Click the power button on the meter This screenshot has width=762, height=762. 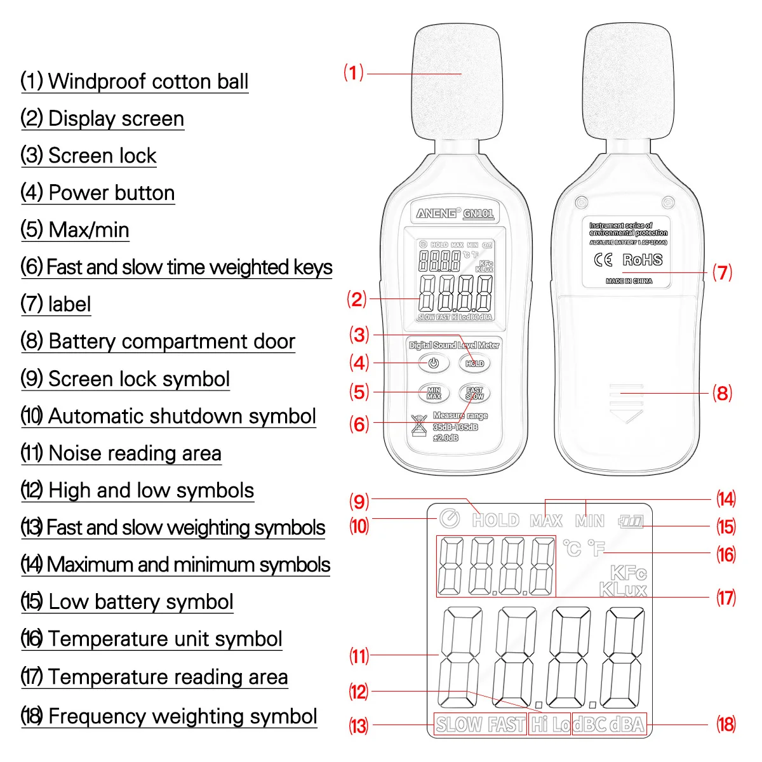coord(434,363)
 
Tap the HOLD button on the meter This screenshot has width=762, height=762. coord(474,363)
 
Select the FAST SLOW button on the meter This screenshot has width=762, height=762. coord(474,393)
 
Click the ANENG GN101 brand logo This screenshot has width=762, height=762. coord(455,213)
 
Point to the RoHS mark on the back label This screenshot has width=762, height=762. coord(642,260)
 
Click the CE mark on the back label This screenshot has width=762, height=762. coord(603,260)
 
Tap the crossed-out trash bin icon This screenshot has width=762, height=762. coord(418,425)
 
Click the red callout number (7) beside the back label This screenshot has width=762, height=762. coord(722,272)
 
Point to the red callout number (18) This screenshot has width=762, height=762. coord(726,725)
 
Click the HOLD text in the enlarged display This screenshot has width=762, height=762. coord(495,521)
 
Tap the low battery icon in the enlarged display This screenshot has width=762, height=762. coord(631,522)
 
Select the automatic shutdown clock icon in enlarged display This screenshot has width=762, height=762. coord(450,519)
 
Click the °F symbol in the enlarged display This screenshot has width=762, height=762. coord(597,547)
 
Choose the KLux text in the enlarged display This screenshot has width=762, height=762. coord(623,590)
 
